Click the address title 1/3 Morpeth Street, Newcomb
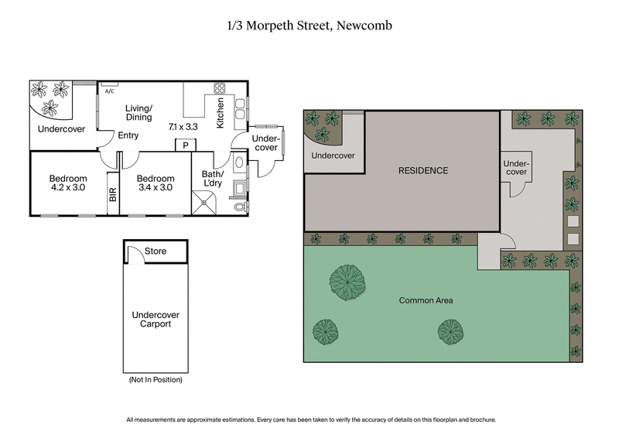coord(309,25)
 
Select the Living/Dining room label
coord(139,113)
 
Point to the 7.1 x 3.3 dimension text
coord(183,125)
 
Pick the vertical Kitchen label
coord(221,113)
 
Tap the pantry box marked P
coord(185,145)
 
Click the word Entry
coord(128,135)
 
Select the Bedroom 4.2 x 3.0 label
coord(68,183)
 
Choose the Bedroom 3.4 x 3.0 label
coord(156,183)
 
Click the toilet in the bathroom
coord(240,207)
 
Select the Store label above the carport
coord(156,252)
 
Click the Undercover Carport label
coord(156,320)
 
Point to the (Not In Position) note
coord(155,381)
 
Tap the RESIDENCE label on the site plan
coord(423,170)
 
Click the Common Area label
coord(426,300)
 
